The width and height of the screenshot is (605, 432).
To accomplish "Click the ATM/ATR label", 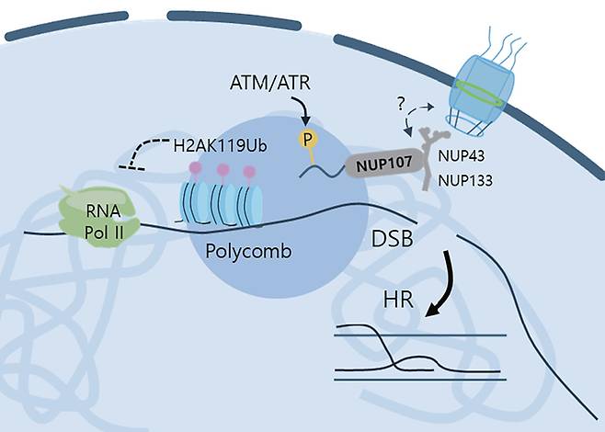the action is [269, 83].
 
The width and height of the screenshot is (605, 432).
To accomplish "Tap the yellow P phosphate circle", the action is [307, 140].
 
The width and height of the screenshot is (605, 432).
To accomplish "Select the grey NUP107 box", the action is [384, 164].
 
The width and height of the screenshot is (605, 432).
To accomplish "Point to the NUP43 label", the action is [462, 156].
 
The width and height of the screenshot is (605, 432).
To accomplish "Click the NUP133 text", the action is [465, 180].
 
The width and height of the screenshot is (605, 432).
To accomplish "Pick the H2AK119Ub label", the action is [220, 146].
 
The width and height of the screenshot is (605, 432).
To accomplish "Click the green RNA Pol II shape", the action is [98, 216].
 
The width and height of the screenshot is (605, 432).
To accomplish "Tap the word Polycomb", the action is [248, 251].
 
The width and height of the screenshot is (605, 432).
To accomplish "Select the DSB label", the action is [392, 239].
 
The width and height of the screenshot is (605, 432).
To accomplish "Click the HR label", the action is [398, 300].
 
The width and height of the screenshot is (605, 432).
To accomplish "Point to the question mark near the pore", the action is [401, 104].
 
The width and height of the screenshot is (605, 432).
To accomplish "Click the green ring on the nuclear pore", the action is [477, 94].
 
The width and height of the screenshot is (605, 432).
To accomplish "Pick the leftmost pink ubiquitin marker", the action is [196, 170].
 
